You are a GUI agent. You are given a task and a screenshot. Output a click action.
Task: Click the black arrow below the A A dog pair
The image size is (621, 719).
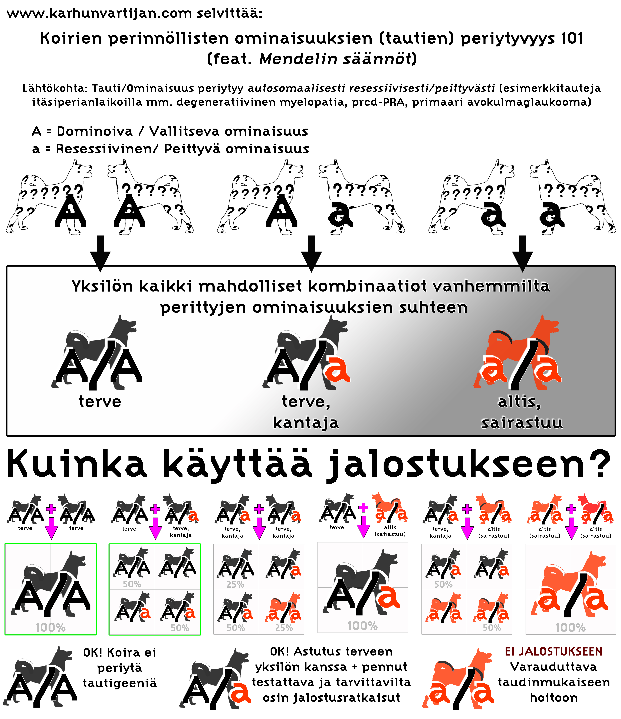pos(100,253)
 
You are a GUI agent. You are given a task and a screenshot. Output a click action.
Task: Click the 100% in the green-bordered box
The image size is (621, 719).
pos(50,627)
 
